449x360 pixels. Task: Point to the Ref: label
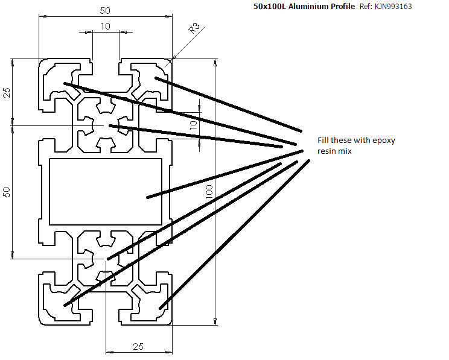pyautogui.click(x=366, y=7)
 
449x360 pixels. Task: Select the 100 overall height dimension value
pyautogui.click(x=209, y=192)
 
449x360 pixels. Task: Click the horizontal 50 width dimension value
pyautogui.click(x=106, y=10)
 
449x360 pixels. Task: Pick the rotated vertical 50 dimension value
pyautogui.click(x=7, y=192)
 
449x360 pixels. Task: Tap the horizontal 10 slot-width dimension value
pyautogui.click(x=106, y=26)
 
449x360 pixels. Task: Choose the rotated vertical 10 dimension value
pyautogui.click(x=193, y=125)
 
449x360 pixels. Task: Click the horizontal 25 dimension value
pyautogui.click(x=138, y=346)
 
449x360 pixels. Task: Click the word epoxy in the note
pyautogui.click(x=384, y=141)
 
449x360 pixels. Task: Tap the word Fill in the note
pyautogui.click(x=324, y=141)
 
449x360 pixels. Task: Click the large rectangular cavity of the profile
pyautogui.click(x=106, y=192)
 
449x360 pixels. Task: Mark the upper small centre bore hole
pyautogui.click(x=106, y=125)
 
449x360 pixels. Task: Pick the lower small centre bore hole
pyautogui.click(x=106, y=259)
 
